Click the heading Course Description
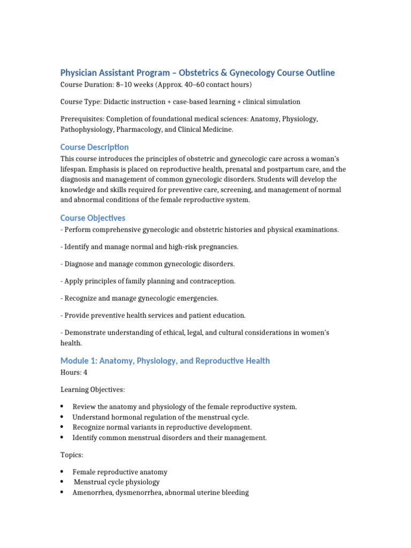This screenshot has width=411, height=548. point(94,147)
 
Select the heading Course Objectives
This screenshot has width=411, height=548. point(93,218)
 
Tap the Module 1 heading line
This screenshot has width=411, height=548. point(165,361)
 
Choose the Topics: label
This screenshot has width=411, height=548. point(72,455)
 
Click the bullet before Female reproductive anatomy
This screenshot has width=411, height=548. point(62,471)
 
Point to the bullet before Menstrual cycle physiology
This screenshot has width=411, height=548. point(62,482)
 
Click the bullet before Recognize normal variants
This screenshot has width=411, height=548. point(62,427)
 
